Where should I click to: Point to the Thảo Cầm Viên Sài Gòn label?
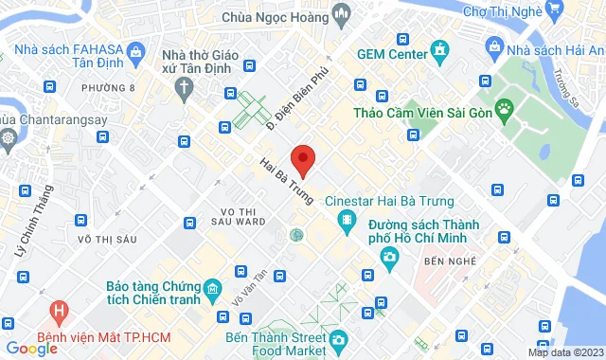411,113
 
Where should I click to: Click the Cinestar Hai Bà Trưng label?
389,201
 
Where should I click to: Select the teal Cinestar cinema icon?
348,221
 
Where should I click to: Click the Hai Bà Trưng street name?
286,179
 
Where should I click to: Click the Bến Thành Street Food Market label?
275,343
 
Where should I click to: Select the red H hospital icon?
60,310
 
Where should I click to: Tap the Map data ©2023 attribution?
565,352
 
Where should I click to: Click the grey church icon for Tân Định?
184,86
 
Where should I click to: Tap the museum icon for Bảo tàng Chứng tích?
213,287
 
